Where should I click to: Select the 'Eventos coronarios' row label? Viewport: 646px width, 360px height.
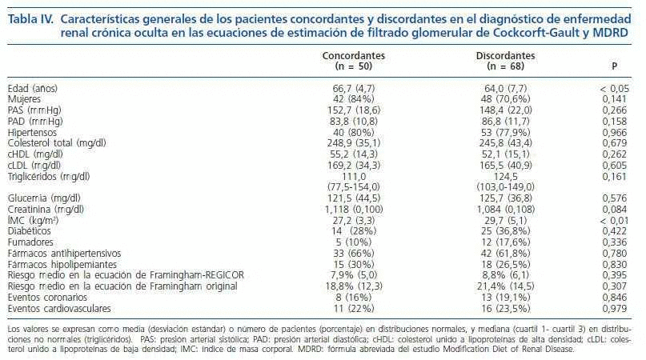coord(43,296)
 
